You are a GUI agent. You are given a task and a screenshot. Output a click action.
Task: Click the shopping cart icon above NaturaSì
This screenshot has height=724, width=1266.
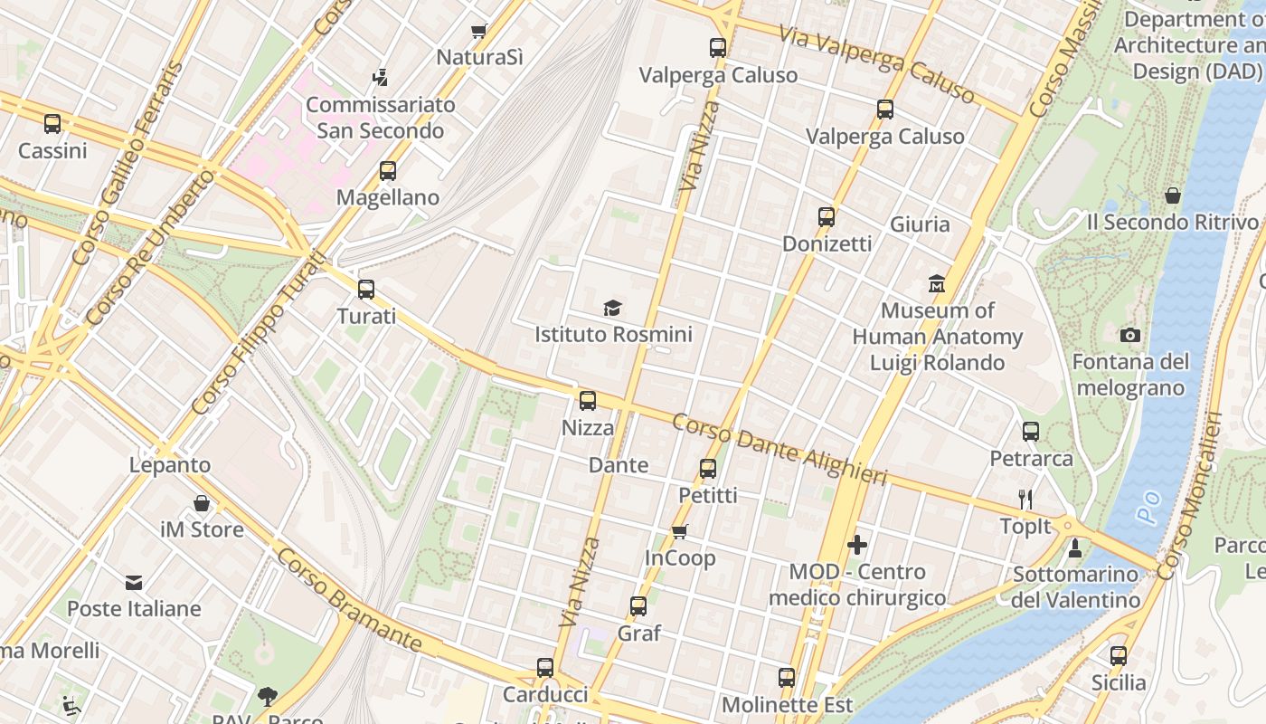pyautogui.click(x=479, y=31)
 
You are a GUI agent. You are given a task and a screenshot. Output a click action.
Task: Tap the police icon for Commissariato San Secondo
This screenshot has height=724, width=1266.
pyautogui.click(x=381, y=78)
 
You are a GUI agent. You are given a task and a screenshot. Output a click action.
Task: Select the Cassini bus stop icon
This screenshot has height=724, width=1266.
pyautogui.click(x=52, y=124)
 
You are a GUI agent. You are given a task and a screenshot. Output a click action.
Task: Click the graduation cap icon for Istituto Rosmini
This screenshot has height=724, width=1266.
pyautogui.click(x=613, y=308)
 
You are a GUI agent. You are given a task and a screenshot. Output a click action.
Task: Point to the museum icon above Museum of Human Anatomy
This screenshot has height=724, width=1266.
pyautogui.click(x=937, y=284)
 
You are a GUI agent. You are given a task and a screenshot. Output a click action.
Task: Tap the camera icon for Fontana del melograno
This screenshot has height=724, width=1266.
pyautogui.click(x=1129, y=336)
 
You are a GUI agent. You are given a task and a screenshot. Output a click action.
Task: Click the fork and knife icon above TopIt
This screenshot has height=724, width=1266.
pyautogui.click(x=1025, y=500)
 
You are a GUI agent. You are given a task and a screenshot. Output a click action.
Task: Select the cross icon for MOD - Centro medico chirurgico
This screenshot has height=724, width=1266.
pyautogui.click(x=856, y=545)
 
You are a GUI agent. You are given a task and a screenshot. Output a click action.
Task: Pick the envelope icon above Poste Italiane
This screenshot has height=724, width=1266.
pyautogui.click(x=134, y=582)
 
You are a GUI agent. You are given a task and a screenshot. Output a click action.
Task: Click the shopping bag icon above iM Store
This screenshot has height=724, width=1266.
pyautogui.click(x=202, y=503)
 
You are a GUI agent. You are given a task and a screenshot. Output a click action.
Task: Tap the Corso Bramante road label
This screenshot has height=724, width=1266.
pyautogui.click(x=349, y=599)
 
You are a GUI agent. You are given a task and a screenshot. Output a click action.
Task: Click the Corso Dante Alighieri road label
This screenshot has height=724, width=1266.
pyautogui.click(x=779, y=449)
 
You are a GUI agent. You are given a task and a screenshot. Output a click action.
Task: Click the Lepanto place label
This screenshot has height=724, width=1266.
pyautogui.click(x=170, y=465)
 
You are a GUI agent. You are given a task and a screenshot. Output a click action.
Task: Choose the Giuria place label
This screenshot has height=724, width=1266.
pyautogui.click(x=920, y=224)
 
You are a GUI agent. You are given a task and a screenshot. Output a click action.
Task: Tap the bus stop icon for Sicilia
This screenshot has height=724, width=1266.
pyautogui.click(x=1119, y=656)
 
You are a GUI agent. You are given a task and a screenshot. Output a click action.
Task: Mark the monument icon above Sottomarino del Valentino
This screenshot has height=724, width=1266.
pyautogui.click(x=1075, y=548)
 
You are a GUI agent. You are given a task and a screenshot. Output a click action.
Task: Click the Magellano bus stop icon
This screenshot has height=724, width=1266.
pyautogui.click(x=388, y=170)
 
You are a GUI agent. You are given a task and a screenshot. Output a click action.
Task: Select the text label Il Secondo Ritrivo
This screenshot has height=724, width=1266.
pyautogui.click(x=1172, y=222)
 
